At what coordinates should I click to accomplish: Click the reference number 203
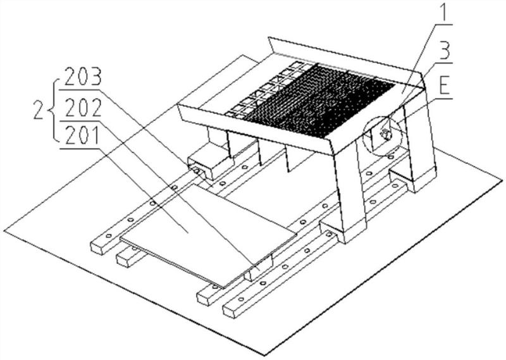pyautogui.click(x=83, y=77)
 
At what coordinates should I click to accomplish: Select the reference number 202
pyautogui.click(x=83, y=108)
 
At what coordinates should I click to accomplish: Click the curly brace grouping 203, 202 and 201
pyautogui.click(x=54, y=111)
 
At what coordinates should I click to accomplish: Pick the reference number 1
pyautogui.click(x=444, y=13)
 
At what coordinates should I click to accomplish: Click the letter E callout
pyautogui.click(x=445, y=86)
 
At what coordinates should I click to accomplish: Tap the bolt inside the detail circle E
pyautogui.click(x=386, y=133)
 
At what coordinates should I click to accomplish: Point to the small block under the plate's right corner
pyautogui.click(x=259, y=269)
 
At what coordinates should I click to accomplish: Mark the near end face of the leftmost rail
pyautogui.click(x=97, y=247)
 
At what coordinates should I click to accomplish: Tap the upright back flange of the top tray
pyautogui.click(x=345, y=58)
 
